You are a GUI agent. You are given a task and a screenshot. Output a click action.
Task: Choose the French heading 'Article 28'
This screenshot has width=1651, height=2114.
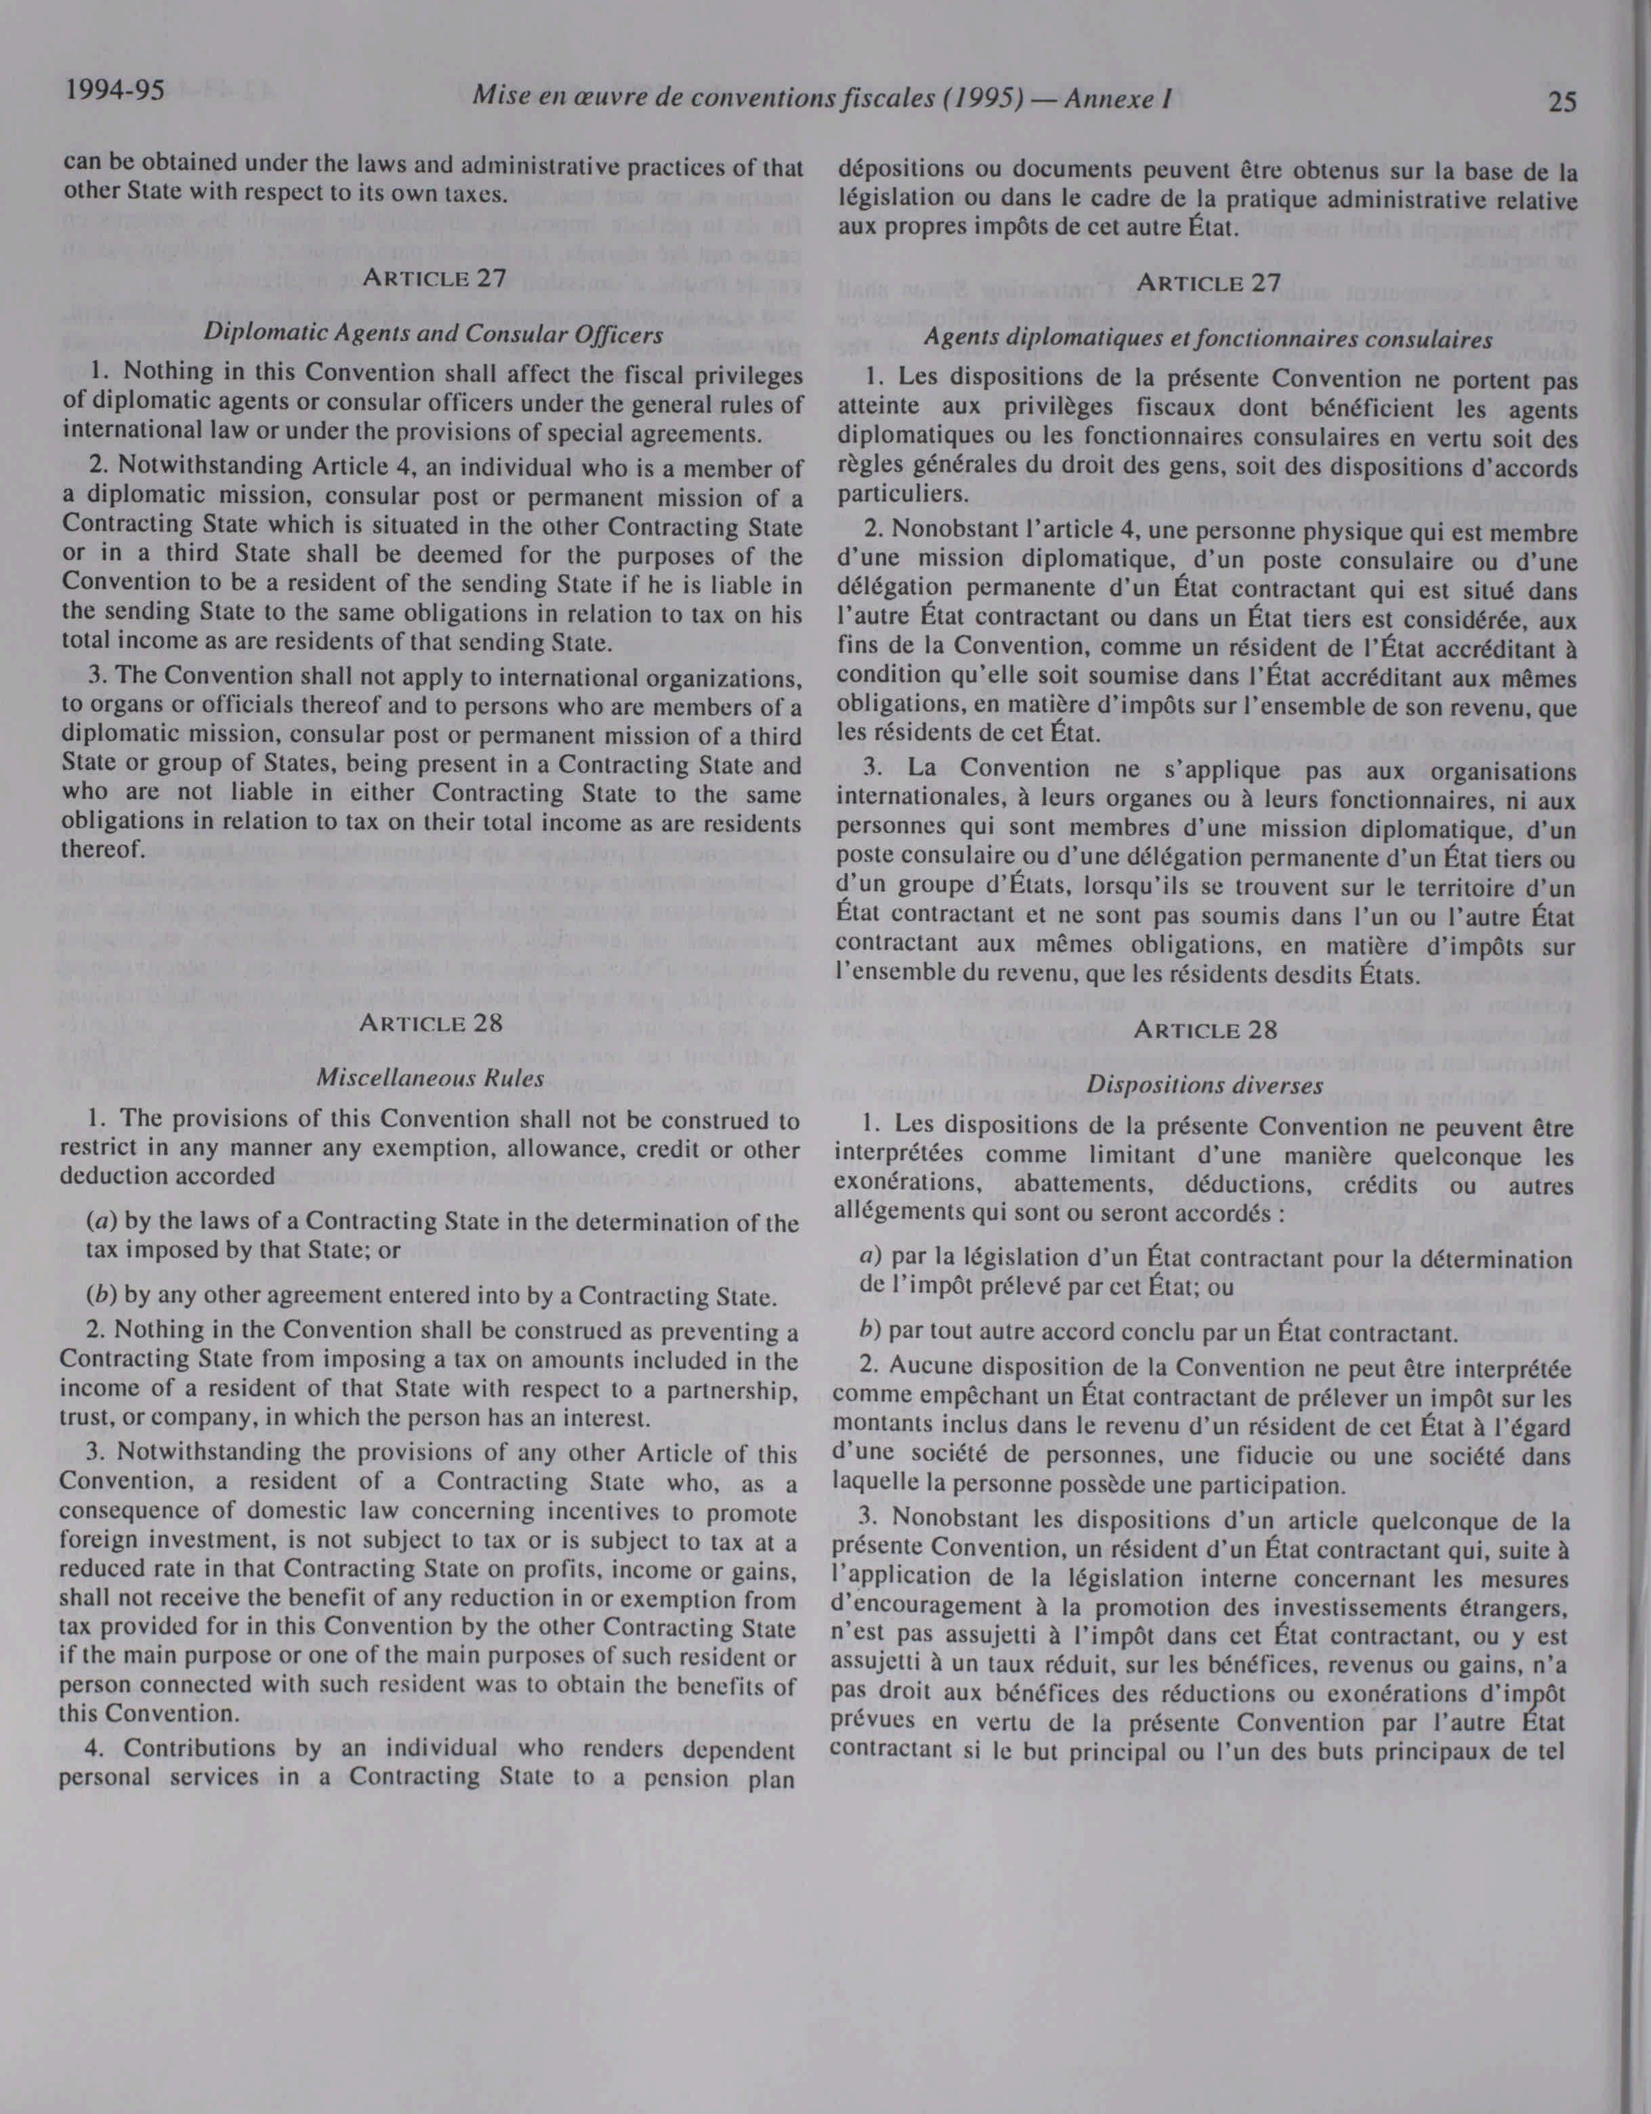point(1204,1029)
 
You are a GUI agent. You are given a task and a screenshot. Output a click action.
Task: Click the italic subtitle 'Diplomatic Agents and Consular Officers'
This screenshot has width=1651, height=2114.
point(434,334)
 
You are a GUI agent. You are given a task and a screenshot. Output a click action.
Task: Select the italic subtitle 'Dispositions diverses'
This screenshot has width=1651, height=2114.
point(1204,1085)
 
